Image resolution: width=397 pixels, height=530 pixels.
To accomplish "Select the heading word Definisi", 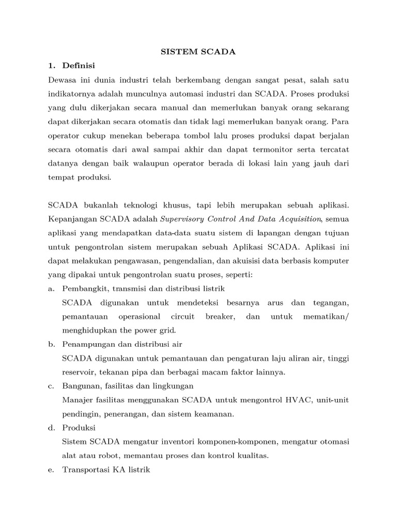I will [78, 66].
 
